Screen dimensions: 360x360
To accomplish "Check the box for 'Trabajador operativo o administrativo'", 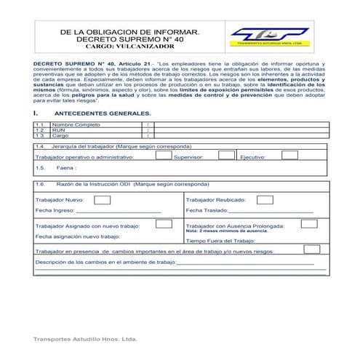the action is (163, 154).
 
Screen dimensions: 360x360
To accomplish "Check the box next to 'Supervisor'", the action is (227, 154).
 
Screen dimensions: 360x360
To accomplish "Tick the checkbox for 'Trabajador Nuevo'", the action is (103, 199).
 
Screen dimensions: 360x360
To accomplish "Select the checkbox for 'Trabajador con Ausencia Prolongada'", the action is (309, 224).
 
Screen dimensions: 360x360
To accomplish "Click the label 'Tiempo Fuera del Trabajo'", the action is (220, 240).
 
